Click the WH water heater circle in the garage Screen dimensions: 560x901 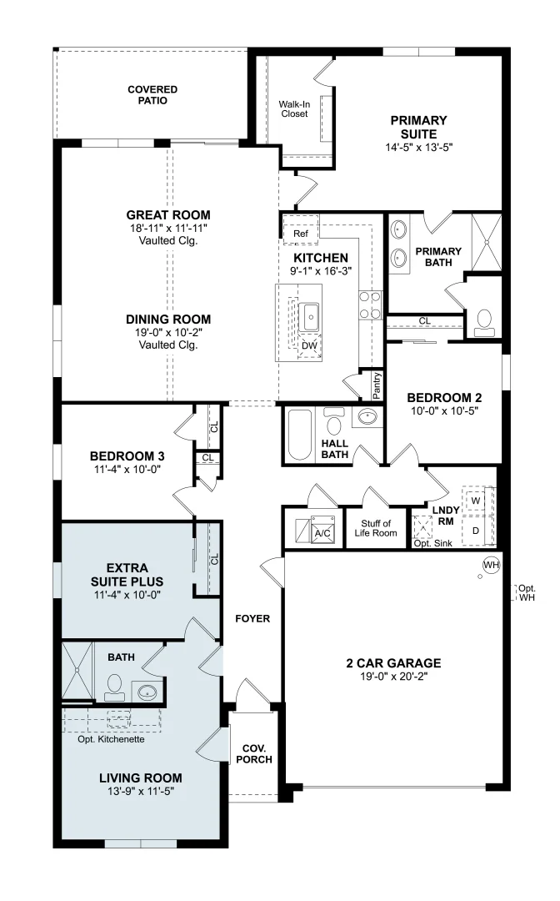[491, 565]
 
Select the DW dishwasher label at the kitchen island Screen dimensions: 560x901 [309, 345]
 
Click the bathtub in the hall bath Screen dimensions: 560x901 [299, 434]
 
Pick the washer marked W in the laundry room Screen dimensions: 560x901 [476, 501]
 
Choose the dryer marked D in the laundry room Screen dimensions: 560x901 [476, 531]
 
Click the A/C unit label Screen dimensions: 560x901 [322, 533]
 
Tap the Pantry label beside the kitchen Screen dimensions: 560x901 [377, 385]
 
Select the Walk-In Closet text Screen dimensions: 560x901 [294, 109]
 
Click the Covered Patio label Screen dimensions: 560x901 [152, 95]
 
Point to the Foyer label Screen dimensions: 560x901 [252, 618]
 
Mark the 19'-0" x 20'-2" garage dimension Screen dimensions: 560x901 [394, 677]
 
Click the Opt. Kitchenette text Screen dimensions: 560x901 [112, 739]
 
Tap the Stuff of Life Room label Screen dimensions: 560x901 [376, 528]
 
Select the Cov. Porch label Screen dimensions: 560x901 [254, 754]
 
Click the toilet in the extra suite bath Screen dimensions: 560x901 [115, 687]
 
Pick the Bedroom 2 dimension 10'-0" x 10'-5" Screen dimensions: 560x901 [445, 410]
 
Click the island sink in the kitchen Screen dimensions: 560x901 [311, 317]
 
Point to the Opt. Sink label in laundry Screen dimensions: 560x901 [433, 543]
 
